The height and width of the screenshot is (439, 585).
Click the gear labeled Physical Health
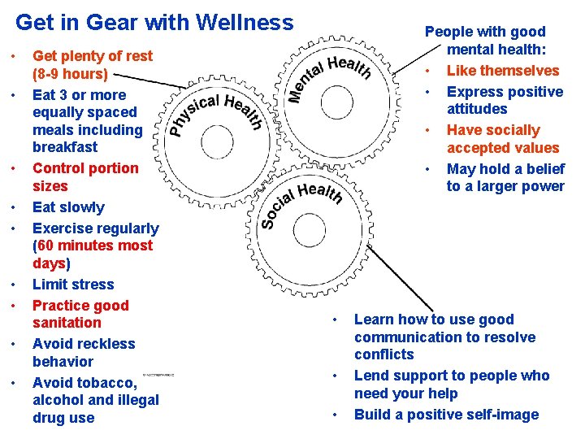coord(215,130)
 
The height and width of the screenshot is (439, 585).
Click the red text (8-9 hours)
coord(69,74)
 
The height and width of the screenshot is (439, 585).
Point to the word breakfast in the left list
coord(65,147)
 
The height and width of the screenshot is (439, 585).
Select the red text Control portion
coord(85,168)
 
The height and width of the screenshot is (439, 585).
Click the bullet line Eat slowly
coord(68,207)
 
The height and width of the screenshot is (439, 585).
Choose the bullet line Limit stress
coord(73,285)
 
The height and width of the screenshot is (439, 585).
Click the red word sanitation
coord(67,323)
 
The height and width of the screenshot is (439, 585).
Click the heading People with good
coord(485,32)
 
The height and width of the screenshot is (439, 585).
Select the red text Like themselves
coord(503,71)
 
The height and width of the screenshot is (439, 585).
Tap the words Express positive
coord(505,92)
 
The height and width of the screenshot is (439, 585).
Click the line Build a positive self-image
coord(446,415)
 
